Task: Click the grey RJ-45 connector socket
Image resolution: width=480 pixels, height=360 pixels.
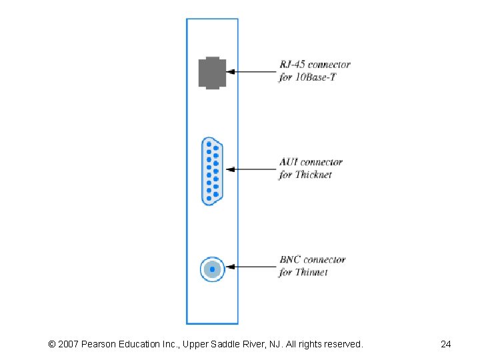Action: (x=212, y=72)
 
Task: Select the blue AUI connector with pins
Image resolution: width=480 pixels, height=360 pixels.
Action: (x=213, y=170)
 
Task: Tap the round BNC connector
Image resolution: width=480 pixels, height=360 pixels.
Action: (x=212, y=269)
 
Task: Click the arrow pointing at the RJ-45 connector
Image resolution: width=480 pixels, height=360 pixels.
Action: (x=253, y=71)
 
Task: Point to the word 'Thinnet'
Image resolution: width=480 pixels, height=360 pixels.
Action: (x=311, y=272)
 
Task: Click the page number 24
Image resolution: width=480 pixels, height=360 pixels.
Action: (x=446, y=344)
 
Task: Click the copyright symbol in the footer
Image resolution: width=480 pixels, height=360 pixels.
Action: (x=52, y=344)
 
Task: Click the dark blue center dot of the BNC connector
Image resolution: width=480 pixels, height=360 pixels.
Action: (x=212, y=269)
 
